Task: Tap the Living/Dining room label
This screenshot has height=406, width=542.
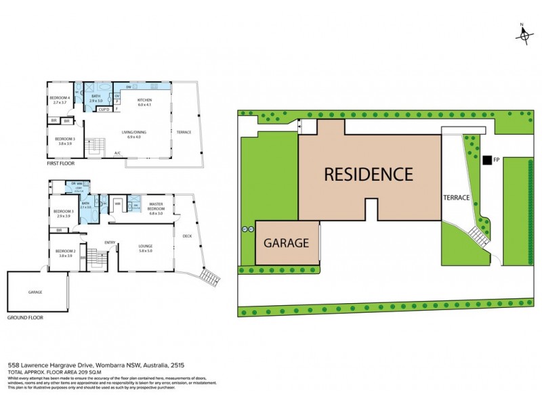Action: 133,135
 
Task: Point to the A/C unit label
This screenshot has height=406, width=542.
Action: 117,154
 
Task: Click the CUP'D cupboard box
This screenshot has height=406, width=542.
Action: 104,110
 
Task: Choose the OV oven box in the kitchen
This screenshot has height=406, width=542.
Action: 117,97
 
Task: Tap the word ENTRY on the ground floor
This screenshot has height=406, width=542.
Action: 110,242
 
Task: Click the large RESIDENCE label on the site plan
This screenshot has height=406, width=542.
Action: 368,175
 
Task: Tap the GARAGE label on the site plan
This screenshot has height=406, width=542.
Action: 286,243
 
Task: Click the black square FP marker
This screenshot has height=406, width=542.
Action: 486,160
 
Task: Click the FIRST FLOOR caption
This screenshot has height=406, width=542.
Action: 60,163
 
